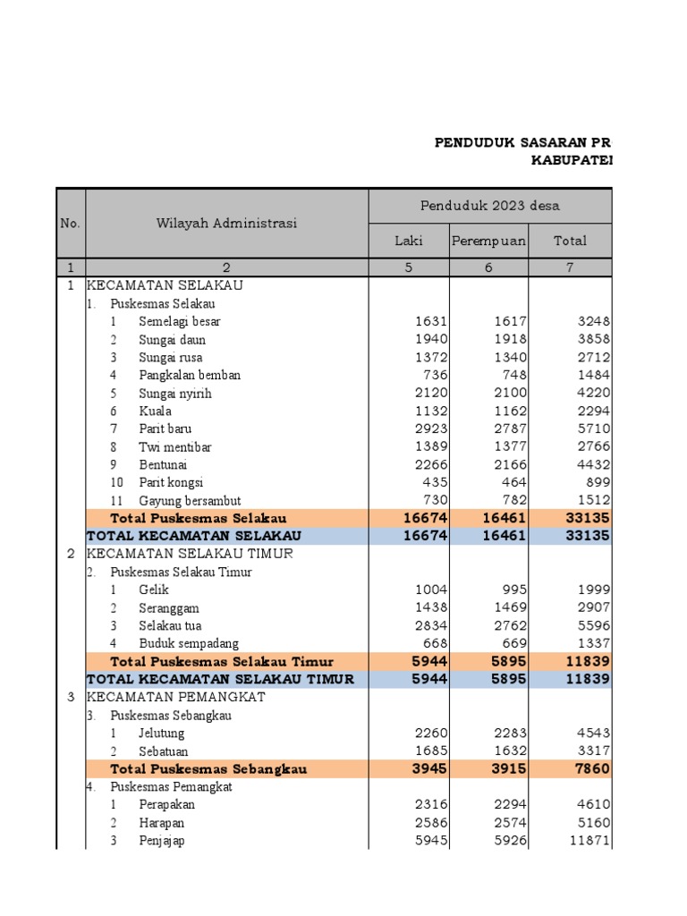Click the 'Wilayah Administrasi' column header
tap(226, 223)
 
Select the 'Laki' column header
tap(409, 241)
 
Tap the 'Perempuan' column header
tap(488, 241)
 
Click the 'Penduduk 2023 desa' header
tap(490, 206)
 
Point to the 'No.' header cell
tap(71, 223)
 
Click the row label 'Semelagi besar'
tap(180, 321)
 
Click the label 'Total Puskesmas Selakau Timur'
tap(222, 662)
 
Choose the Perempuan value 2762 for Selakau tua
tap(509, 625)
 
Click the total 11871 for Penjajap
tap(589, 840)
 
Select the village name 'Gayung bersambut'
tap(190, 500)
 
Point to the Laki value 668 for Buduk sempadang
tap(433, 643)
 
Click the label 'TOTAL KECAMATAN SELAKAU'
tap(182, 536)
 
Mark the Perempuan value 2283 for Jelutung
tap(509, 733)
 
